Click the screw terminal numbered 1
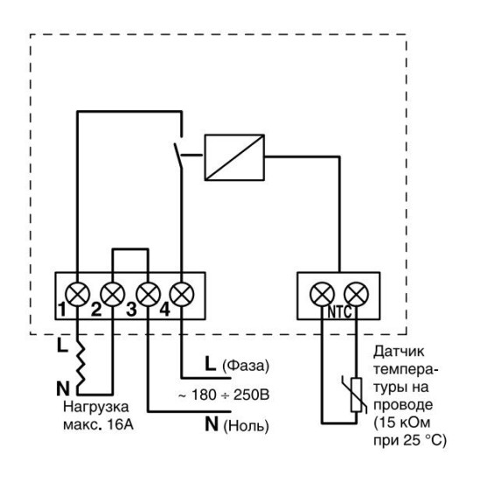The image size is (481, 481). pos(77,294)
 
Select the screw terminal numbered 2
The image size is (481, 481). pos(113,294)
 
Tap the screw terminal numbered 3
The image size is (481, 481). pos(148,294)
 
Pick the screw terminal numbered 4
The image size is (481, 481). pos(182,294)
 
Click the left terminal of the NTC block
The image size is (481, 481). pos(322,294)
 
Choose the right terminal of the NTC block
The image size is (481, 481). pos(356,294)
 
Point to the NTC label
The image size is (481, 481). pos(339,312)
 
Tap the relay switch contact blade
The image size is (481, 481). pos(178,156)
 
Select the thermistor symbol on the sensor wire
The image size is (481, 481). pos(356,394)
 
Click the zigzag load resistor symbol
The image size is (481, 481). pos(80,364)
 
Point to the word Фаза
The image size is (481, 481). pos(246,366)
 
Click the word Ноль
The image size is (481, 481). pos(246,426)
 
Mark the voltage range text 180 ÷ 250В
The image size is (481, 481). pos(230,394)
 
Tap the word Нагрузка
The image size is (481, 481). pos(95,408)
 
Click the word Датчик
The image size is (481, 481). pos(399,352)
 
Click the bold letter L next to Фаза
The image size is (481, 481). pos(210,364)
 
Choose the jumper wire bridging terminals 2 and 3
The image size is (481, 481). pos(130,249)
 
